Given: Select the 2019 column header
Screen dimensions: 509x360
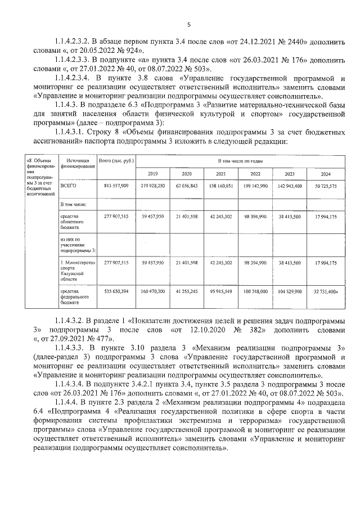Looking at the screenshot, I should tap(153, 174).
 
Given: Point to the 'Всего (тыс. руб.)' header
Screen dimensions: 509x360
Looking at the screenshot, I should tap(116, 161).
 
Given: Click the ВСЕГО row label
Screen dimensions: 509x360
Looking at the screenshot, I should tap(67, 184).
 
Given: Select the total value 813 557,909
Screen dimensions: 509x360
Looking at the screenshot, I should tap(116, 185).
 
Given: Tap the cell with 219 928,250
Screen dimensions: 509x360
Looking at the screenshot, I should tap(153, 185).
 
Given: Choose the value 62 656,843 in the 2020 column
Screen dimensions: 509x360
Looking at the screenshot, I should tap(187, 185).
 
